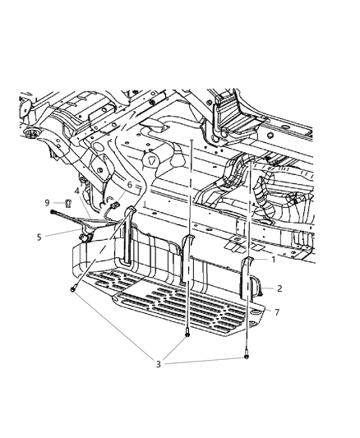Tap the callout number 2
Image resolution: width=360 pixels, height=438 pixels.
click(279, 288)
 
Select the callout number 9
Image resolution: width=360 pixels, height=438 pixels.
click(48, 202)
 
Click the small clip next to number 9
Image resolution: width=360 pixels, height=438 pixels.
click(62, 202)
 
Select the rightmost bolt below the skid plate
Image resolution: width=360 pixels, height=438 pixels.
click(247, 358)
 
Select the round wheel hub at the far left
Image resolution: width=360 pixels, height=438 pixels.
click(31, 132)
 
